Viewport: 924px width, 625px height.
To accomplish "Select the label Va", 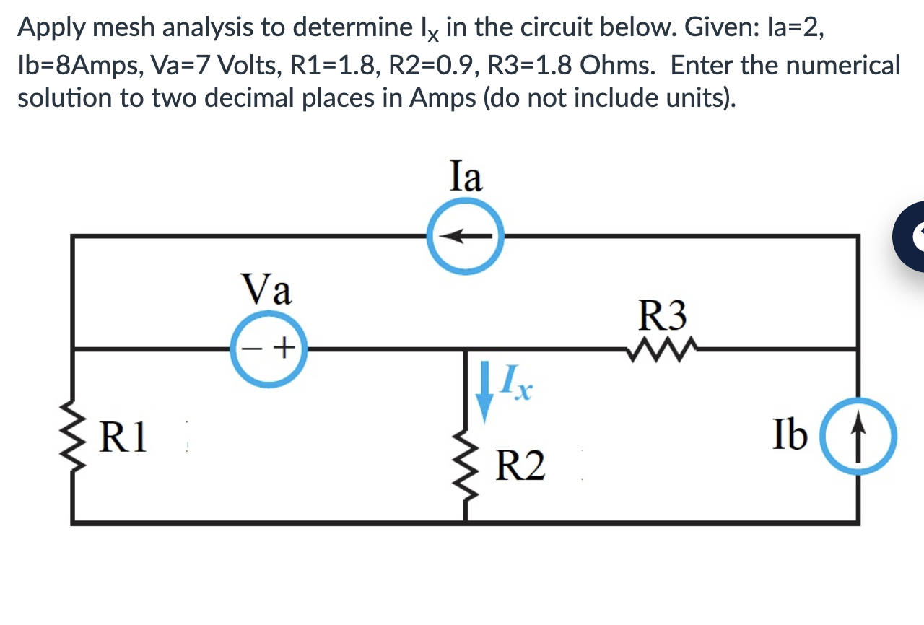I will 267,290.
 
